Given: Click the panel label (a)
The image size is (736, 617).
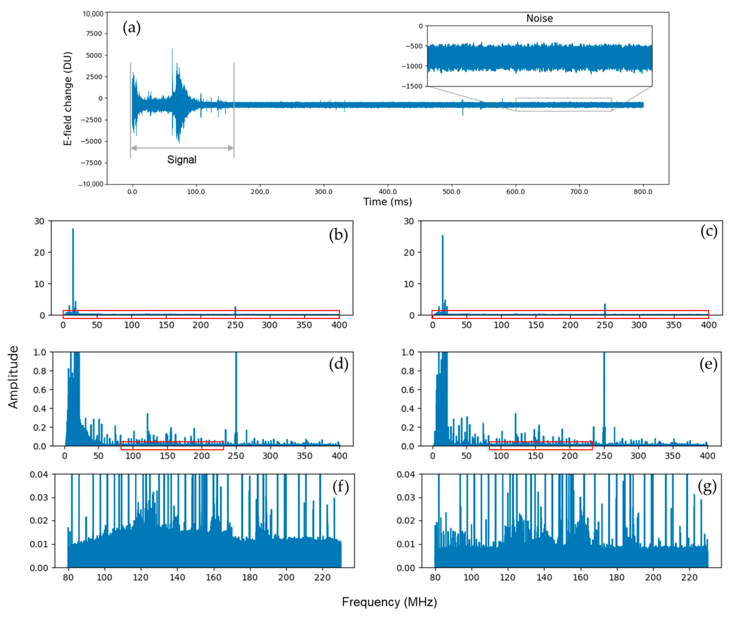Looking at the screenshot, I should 132,28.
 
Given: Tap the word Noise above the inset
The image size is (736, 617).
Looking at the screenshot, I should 539,18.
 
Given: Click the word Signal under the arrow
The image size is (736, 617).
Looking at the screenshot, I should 181,160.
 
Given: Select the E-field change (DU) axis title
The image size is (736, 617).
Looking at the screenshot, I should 67,99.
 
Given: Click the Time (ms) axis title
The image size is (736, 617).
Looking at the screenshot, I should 387,202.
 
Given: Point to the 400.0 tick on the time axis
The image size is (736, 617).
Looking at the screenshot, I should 388,192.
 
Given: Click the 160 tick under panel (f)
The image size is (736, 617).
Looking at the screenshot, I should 213,577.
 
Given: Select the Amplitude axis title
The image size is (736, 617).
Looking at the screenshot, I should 13,377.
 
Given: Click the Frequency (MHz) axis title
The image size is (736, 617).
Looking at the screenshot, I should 389,602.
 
